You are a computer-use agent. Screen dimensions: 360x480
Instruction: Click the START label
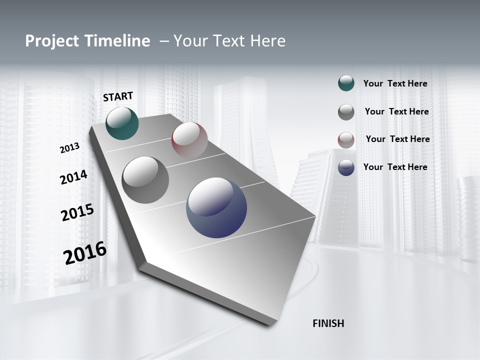coord(118,96)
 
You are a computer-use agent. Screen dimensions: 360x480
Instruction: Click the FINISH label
coord(328,323)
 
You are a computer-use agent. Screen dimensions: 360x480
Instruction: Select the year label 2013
coord(69,148)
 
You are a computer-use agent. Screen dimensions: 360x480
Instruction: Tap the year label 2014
coord(73,177)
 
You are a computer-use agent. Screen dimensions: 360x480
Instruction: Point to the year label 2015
coord(77,212)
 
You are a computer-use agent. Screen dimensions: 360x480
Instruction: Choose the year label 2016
coord(85,253)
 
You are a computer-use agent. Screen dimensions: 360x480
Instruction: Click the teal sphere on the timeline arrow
coord(122,123)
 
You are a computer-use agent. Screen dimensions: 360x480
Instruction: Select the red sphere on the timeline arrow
coord(189,139)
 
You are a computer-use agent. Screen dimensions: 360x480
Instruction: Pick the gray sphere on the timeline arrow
coord(145,179)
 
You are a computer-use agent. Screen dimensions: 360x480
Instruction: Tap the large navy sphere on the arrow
coord(216,207)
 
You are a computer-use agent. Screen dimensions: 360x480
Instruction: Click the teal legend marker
coord(346,83)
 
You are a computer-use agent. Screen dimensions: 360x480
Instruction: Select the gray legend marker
coord(346,112)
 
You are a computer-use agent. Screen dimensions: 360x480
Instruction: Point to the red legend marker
coord(346,139)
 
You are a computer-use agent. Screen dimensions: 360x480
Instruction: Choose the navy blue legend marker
coord(346,167)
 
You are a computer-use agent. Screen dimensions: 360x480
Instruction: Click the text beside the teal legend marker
coord(395,84)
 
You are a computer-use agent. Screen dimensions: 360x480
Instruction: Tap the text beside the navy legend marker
coord(395,167)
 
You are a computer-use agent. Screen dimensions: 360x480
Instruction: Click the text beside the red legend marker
coord(397,139)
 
